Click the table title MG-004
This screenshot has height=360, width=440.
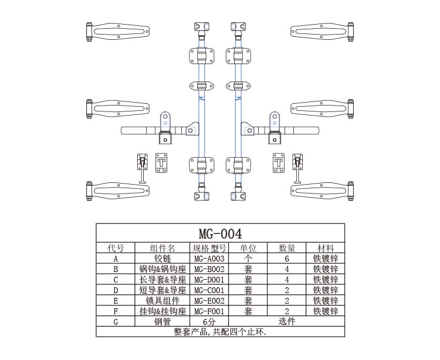pyautogui.click(x=220, y=233)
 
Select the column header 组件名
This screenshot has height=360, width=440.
pyautogui.click(x=163, y=248)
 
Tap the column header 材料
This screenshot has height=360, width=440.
pyautogui.click(x=326, y=248)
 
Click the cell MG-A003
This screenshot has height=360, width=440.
pyautogui.click(x=209, y=259)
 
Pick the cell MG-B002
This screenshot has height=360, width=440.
pyautogui.click(x=209, y=269)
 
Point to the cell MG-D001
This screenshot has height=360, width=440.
pyautogui.click(x=209, y=280)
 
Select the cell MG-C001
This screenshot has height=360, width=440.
pyautogui.click(x=209, y=290)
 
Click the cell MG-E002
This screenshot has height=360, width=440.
pyautogui.click(x=209, y=301)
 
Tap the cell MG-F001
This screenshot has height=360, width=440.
pyautogui.click(x=209, y=311)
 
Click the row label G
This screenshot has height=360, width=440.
pyautogui.click(x=116, y=322)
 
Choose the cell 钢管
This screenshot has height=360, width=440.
pyautogui.click(x=163, y=322)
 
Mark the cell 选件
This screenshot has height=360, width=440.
pyautogui.click(x=286, y=321)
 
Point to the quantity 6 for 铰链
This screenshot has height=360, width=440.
pyautogui.click(x=287, y=259)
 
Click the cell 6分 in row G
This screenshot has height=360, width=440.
pyautogui.click(x=209, y=322)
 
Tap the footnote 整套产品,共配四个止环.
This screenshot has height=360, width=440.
pyautogui.click(x=220, y=332)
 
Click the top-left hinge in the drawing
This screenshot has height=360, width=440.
pyautogui.click(x=117, y=32)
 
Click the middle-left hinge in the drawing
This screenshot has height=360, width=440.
pyautogui.click(x=117, y=108)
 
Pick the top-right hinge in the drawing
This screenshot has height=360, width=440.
pyautogui.click(x=323, y=32)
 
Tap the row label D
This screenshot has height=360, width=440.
pyautogui.click(x=116, y=290)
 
